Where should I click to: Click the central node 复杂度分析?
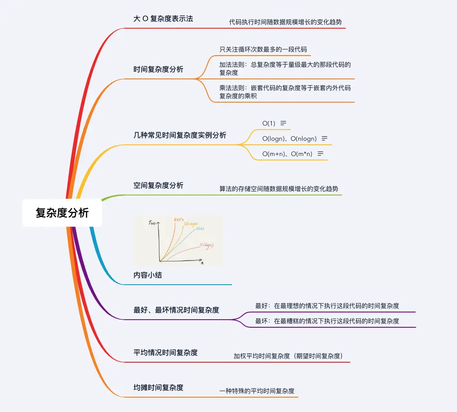coord(62,213)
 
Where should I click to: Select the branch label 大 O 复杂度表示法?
coord(163,19)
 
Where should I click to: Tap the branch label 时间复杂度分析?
coord(158,69)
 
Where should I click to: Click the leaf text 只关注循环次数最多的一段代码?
coord(263,49)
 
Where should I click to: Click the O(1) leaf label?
coord(269,123)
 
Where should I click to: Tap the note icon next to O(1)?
coord(283,123)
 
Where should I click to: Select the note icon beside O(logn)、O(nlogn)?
coord(325,139)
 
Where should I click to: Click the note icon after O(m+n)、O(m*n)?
coord(320,154)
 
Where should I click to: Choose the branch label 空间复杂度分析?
coord(158,185)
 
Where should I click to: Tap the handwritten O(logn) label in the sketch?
coord(206,245)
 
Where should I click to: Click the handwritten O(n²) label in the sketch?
coord(178,220)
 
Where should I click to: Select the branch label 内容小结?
coord(148,275)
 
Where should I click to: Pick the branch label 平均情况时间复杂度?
coord(166,352)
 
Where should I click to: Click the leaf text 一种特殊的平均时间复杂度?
coord(257,391)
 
